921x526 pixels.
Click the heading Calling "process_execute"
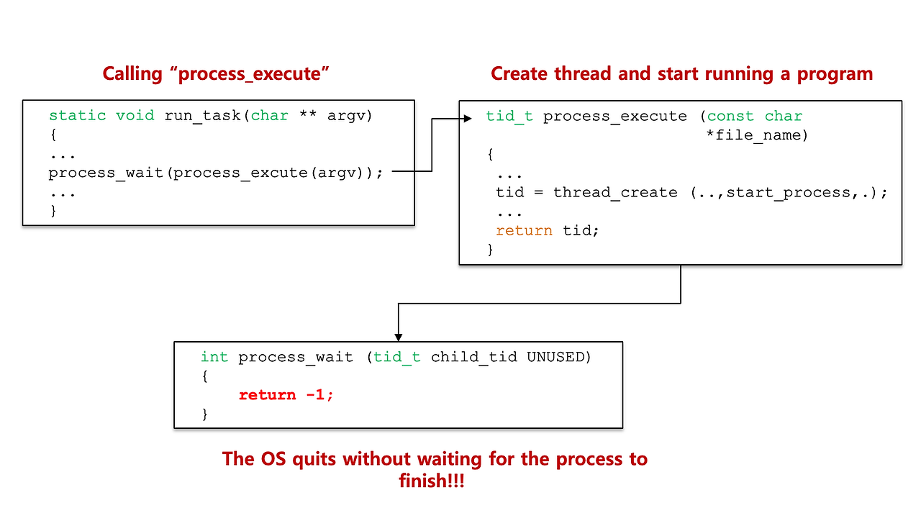[216, 73]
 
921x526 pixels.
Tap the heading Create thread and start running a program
[681, 73]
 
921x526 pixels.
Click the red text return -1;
[286, 395]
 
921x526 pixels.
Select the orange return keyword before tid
[524, 231]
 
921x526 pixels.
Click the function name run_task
[202, 116]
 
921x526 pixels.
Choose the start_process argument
[788, 193]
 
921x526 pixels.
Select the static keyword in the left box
[77, 116]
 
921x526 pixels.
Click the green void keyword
[135, 116]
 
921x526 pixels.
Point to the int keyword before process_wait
[214, 357]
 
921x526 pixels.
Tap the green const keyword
[730, 117]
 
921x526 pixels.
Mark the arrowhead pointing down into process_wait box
[398, 337]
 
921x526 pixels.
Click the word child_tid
[473, 357]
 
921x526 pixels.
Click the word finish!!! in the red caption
[432, 481]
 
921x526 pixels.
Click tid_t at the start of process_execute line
[509, 117]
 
